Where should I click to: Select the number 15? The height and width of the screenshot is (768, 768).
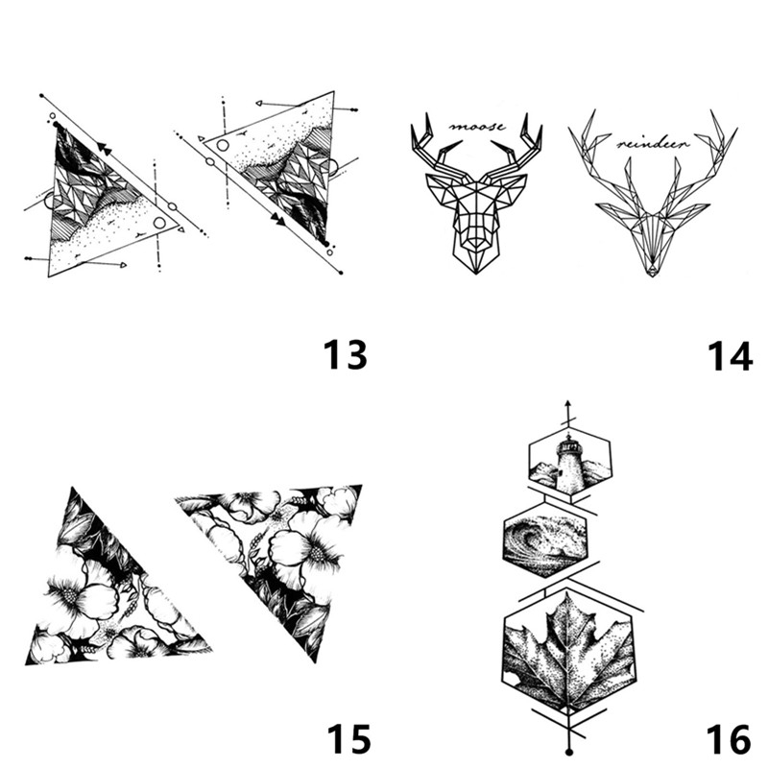[348, 739]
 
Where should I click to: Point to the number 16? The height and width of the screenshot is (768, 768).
[729, 739]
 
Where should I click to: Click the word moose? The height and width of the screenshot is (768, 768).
[477, 127]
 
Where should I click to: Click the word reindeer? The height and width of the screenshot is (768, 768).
[653, 143]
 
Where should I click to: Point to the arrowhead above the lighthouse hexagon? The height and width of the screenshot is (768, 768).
[568, 405]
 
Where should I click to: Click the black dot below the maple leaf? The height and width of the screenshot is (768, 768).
[568, 752]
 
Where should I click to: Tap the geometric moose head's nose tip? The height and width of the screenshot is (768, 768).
[475, 270]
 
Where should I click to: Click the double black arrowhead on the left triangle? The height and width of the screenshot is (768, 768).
[103, 147]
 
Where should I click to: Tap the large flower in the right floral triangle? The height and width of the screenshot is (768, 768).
[307, 548]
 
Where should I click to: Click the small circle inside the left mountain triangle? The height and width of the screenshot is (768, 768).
[159, 223]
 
